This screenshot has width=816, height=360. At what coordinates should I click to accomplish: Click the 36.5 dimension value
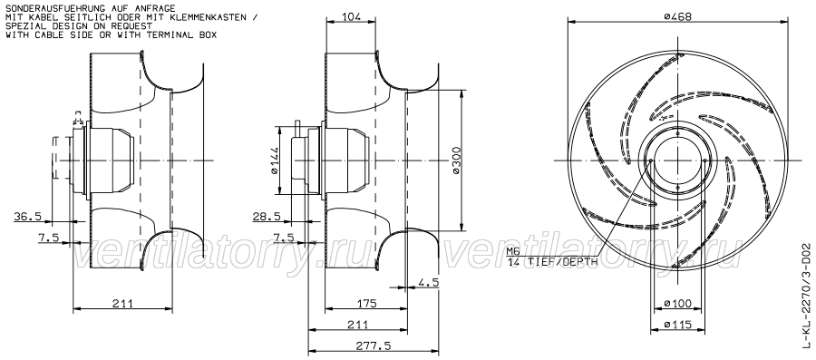[29, 216]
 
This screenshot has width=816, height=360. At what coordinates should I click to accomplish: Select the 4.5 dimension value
[430, 281]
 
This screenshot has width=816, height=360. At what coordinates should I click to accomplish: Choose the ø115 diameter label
[677, 323]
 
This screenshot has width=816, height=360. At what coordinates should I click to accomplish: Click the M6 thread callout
[515, 251]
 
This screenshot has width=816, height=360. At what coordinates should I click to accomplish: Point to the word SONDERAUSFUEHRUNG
[50, 7]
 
